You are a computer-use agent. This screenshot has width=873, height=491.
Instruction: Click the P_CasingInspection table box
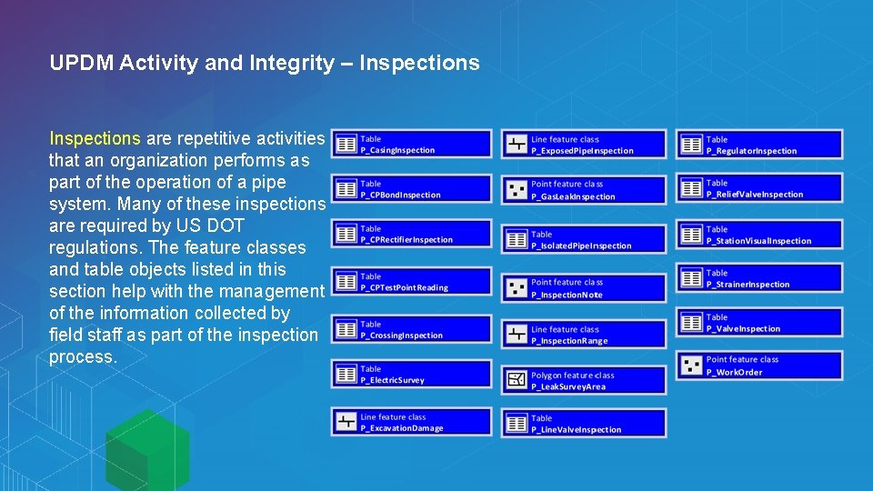(x=411, y=145)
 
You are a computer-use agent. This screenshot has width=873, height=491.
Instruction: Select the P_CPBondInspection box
(x=411, y=189)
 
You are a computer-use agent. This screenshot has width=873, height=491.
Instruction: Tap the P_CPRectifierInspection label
(x=406, y=240)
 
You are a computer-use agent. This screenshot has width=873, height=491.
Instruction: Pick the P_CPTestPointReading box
(x=411, y=282)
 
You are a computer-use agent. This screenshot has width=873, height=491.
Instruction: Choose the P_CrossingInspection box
(x=411, y=329)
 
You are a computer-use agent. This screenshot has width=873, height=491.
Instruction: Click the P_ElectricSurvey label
(x=392, y=380)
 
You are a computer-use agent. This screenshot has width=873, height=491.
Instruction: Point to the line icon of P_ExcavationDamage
(x=346, y=421)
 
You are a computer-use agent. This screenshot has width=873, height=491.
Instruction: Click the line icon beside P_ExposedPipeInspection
(x=517, y=145)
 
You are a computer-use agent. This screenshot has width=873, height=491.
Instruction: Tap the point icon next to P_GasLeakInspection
(x=517, y=190)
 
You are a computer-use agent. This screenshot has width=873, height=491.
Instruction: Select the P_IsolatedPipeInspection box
(x=583, y=239)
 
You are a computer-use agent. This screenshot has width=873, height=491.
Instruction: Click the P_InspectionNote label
(x=567, y=295)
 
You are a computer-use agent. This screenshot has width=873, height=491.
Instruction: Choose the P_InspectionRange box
(x=583, y=335)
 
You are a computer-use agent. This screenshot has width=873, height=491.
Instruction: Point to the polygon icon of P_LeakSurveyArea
(x=517, y=380)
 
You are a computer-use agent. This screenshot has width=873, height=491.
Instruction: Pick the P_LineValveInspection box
(x=583, y=424)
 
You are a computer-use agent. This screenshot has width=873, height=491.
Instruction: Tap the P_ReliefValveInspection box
(x=758, y=188)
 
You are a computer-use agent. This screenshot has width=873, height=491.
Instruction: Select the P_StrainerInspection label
(x=748, y=285)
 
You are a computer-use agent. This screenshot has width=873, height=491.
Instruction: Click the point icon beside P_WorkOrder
(x=691, y=366)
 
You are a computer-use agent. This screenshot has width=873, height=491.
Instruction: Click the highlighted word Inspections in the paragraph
(x=95, y=139)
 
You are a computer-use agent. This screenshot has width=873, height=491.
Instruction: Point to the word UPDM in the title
(x=81, y=64)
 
